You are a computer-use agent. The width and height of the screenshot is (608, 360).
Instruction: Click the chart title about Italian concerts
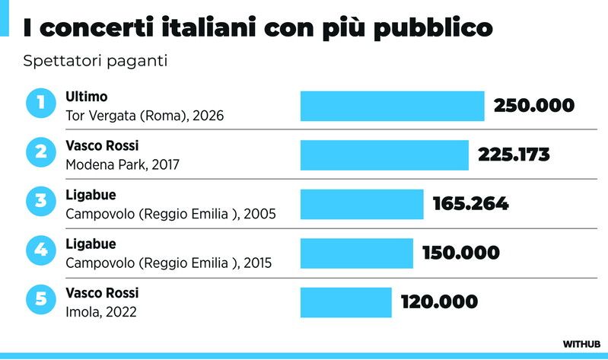pos(258,28)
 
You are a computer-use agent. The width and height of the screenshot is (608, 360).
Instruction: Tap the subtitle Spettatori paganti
pos(95,62)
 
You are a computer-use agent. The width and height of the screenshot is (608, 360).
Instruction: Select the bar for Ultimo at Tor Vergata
pos(393,106)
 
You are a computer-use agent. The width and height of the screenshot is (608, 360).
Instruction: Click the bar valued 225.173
pos(384,155)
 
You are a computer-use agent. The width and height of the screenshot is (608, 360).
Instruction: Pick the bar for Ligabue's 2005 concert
pos(361,204)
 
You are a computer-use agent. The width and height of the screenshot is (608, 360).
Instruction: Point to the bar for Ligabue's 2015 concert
pos(357,253)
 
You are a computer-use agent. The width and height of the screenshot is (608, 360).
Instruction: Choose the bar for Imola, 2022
pos(346,303)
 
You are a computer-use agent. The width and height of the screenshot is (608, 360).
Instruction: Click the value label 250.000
pos(534,106)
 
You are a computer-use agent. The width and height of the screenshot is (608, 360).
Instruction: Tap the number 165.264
pos(471,204)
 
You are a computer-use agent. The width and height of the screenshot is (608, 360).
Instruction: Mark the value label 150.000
pos(461,253)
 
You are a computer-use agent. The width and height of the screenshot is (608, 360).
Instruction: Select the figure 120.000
pos(439,302)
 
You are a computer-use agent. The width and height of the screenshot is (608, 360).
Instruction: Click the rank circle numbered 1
pos(41,103)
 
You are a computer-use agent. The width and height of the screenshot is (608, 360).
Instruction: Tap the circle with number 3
pos(41,201)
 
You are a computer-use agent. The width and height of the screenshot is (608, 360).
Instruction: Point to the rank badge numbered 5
pos(41,299)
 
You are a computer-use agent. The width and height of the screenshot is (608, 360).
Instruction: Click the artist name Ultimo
pos(87,97)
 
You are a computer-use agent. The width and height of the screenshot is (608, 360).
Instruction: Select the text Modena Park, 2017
pos(123,165)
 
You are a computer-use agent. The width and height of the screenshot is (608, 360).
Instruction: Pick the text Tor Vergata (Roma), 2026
pos(145,116)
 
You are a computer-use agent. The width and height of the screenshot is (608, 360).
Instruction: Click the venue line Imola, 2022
pos(101,312)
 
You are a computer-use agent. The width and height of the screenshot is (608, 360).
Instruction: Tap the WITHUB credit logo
pos(581,344)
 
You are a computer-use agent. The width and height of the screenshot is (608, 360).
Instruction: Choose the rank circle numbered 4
pos(41,250)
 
